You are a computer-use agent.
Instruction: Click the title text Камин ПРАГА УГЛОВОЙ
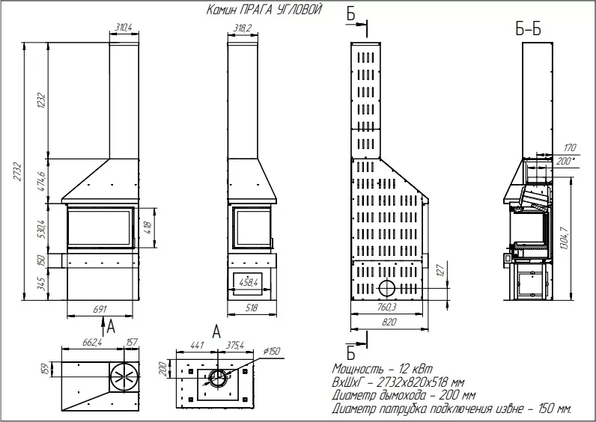tap(264, 10)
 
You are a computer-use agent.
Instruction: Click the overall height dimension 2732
tap(18, 171)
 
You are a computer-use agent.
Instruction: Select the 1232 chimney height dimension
tap(42, 100)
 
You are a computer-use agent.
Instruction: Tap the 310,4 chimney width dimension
tap(123, 27)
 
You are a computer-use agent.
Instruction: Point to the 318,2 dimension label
tap(242, 27)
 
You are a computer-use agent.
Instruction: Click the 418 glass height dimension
tap(148, 227)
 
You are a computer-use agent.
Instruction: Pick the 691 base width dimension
tap(100, 309)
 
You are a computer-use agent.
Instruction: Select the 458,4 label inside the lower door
tap(248, 282)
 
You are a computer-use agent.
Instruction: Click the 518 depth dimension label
tap(251, 308)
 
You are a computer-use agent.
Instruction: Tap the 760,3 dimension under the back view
tap(387, 307)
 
